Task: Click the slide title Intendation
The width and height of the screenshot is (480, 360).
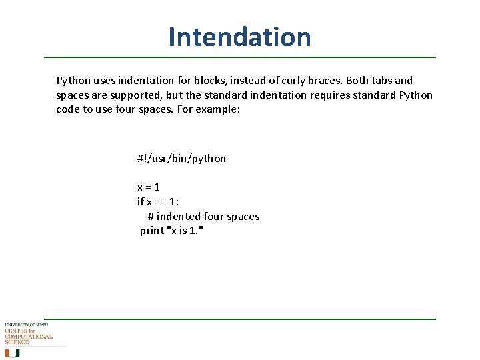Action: [x=239, y=37]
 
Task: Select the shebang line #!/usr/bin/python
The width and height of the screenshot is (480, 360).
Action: [x=181, y=159]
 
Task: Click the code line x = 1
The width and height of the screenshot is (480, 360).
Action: [x=148, y=187]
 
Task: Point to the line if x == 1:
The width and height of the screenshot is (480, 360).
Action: [x=158, y=202]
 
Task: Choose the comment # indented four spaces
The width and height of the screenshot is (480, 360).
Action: [x=203, y=217]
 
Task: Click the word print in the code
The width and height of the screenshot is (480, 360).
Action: [x=151, y=231]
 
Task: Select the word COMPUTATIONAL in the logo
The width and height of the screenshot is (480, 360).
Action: [x=29, y=337]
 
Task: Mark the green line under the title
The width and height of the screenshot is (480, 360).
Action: [x=239, y=57]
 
